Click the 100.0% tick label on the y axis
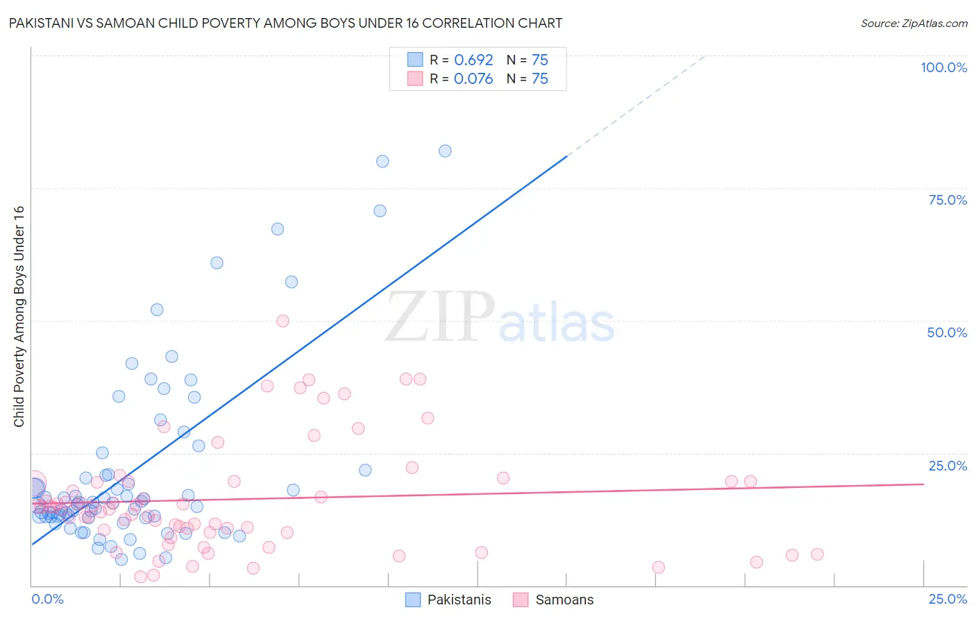[943, 67]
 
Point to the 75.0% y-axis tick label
[948, 200]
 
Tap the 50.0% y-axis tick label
[947, 332]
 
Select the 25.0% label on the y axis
[948, 466]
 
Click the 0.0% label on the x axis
[47, 600]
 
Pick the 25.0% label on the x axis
[948, 600]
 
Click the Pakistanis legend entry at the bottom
[459, 600]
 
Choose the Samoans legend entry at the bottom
[564, 600]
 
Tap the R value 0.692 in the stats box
[473, 60]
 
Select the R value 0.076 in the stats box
[473, 79]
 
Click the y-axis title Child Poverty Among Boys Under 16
[19, 316]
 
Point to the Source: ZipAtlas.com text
[914, 24]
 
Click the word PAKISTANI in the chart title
[41, 24]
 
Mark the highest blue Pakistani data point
[445, 151]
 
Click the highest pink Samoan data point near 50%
[283, 321]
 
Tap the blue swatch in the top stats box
[415, 60]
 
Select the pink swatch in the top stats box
[415, 78]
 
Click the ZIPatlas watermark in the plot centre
[500, 318]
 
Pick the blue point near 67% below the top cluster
[278, 229]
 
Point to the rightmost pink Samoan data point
[817, 554]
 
